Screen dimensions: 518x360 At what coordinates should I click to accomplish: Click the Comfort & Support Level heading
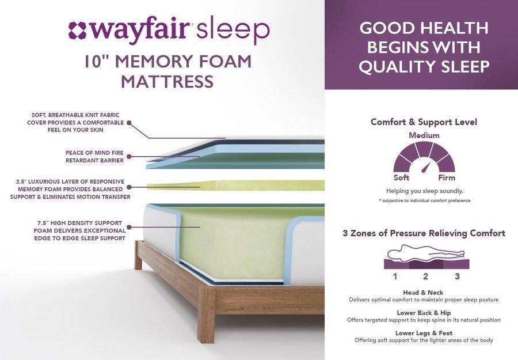click(x=424, y=122)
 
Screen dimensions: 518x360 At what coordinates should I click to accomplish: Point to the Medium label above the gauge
click(x=424, y=135)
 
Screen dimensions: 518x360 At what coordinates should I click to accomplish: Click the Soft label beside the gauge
click(x=401, y=177)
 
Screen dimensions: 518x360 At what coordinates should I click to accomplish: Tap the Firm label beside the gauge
click(x=447, y=177)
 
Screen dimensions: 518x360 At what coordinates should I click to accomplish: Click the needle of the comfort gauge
click(x=427, y=168)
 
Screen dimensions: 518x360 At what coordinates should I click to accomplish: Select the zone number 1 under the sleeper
click(x=395, y=276)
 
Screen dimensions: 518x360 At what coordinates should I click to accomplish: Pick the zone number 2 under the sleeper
click(x=425, y=276)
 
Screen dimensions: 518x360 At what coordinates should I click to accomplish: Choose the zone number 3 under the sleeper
click(x=457, y=276)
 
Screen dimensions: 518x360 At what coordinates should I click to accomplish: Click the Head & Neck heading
click(x=423, y=293)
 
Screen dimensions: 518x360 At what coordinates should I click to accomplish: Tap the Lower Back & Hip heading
click(x=424, y=313)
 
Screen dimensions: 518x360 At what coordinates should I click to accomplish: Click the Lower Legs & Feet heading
click(x=424, y=333)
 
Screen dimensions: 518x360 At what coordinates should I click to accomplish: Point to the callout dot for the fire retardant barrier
click(x=129, y=156)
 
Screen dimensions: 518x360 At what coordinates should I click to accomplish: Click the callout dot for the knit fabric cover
click(x=129, y=123)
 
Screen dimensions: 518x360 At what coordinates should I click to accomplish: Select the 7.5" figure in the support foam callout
click(x=44, y=223)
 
